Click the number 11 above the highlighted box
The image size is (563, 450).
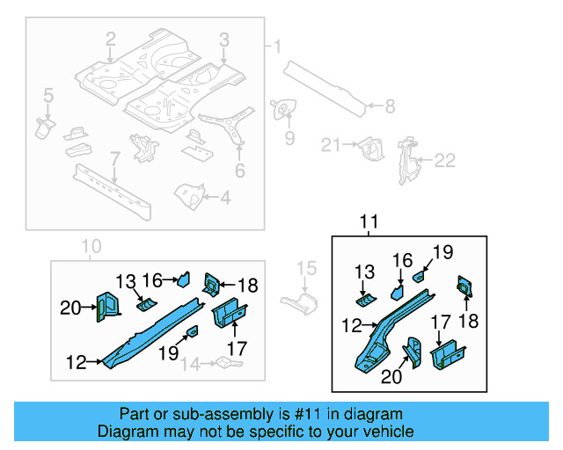click(x=369, y=223)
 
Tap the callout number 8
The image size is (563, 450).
click(x=391, y=107)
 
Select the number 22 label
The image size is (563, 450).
click(x=447, y=160)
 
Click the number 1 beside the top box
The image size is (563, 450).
click(x=278, y=46)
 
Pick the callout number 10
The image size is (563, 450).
click(x=91, y=246)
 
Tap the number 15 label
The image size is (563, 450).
click(x=305, y=268)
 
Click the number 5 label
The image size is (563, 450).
click(x=48, y=94)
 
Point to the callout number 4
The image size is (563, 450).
click(x=225, y=198)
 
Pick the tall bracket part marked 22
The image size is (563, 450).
click(x=406, y=158)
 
